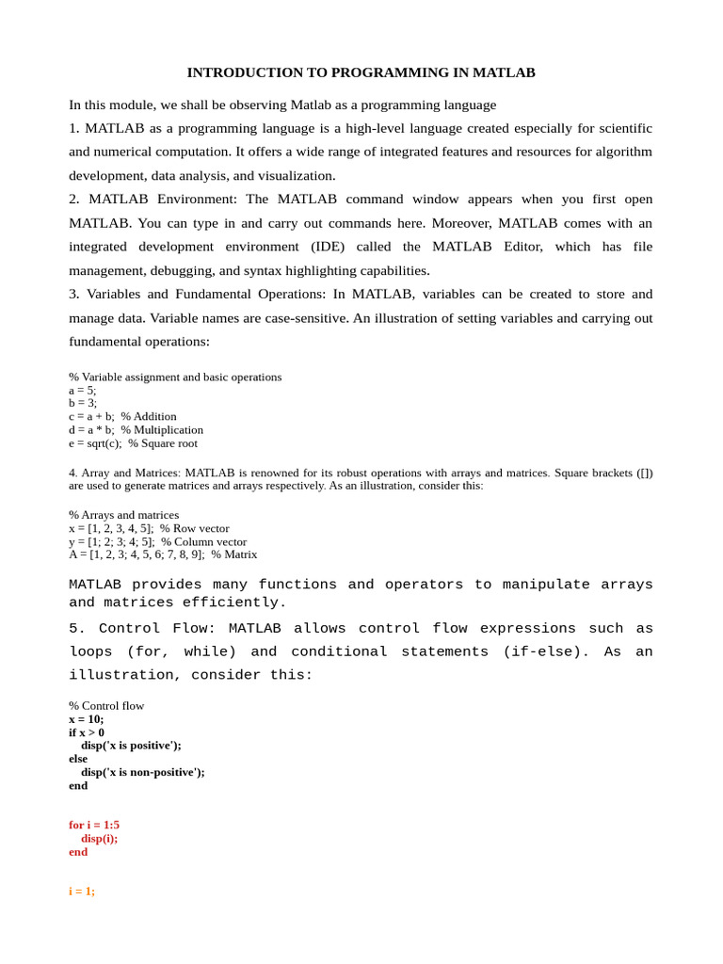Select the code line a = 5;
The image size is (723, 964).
82,390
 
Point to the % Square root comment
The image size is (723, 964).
163,442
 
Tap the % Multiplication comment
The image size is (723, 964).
162,429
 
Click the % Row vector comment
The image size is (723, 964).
195,528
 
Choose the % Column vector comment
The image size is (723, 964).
204,541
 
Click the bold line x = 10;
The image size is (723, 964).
87,718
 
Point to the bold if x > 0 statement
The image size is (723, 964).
87,731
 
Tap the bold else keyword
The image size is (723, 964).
78,758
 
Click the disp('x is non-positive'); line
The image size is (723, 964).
142,771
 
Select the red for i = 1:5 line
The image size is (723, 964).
94,825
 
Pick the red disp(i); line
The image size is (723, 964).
99,838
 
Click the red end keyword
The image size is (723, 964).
78,851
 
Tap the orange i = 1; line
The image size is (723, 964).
82,891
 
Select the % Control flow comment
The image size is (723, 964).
106,705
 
